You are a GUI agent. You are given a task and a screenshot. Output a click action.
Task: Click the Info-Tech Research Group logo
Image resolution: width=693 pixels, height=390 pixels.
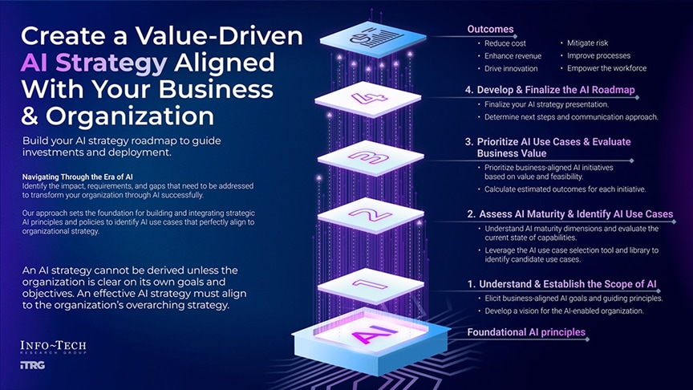coord(53,347)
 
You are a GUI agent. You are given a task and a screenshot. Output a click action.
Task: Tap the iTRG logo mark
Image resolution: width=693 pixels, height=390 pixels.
coord(31,366)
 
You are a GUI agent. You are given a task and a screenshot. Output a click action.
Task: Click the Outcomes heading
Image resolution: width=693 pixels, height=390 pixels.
coord(490,30)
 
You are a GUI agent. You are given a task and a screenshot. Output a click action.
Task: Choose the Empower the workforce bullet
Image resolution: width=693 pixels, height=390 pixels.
coord(606,69)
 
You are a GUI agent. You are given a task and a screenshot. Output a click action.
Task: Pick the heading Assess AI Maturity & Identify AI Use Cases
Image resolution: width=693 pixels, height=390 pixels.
coord(570,214)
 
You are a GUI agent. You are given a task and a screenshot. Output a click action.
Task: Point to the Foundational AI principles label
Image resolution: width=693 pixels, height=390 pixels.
coord(526,332)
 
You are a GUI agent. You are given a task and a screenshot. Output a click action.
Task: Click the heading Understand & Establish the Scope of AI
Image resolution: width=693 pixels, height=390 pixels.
coord(562,283)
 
